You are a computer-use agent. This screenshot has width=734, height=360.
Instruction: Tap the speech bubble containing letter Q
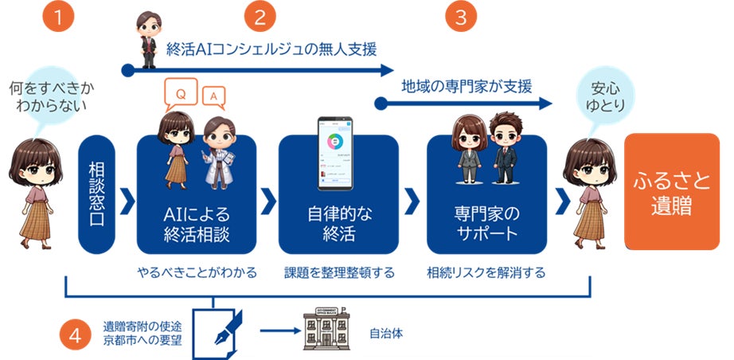[181, 94]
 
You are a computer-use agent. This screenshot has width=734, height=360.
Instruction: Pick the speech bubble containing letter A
[212, 96]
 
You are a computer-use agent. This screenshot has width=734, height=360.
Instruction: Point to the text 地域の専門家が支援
[467, 85]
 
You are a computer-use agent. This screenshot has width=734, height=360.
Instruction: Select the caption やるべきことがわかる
[197, 272]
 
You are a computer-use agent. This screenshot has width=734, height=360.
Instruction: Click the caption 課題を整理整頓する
[339, 272]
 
